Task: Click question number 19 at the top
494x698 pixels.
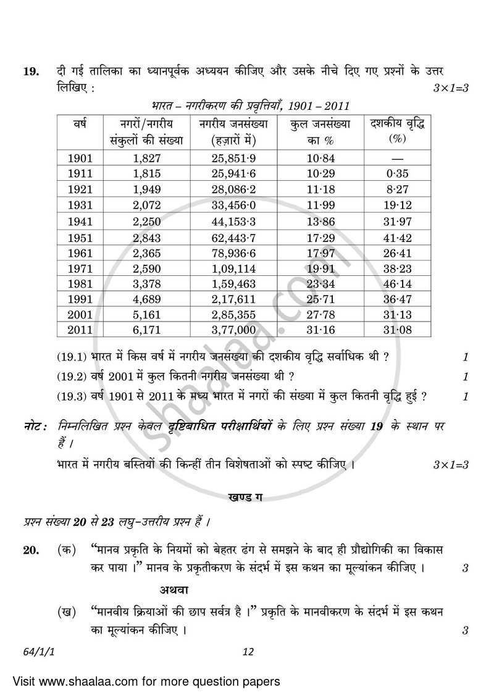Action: click(x=31, y=72)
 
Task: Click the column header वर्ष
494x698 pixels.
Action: click(x=79, y=124)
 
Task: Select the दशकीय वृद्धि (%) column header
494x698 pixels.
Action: click(x=396, y=131)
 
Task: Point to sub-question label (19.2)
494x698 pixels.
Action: click(x=73, y=376)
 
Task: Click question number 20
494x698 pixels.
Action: click(x=31, y=549)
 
